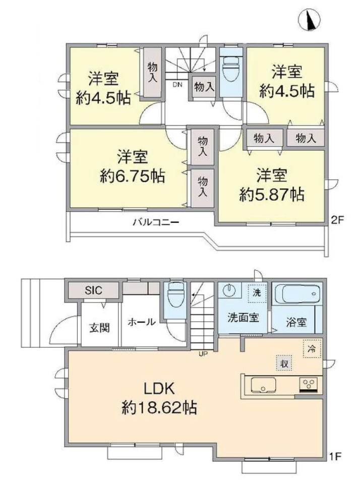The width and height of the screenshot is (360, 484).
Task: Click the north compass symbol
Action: tap(309, 20)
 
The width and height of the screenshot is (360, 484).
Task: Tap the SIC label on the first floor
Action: tap(93, 290)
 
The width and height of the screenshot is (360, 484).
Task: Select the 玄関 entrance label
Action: tap(99, 328)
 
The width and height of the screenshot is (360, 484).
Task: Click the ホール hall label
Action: tap(142, 322)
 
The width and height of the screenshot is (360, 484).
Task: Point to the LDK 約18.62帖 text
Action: tap(159, 398)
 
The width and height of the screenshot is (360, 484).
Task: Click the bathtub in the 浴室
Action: tap(297, 293)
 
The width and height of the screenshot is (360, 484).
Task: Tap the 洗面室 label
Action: tap(243, 317)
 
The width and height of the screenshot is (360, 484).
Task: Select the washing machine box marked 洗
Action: tap(257, 292)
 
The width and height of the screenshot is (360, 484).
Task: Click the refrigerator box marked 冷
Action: tap(312, 349)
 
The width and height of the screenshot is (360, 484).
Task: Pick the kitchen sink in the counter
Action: tap(263, 385)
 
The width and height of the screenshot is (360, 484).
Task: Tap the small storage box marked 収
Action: tap(284, 364)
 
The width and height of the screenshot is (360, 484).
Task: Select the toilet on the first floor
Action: tap(175, 295)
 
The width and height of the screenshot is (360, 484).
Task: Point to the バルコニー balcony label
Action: tap(156, 222)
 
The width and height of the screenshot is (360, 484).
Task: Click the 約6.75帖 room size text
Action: tap(132, 176)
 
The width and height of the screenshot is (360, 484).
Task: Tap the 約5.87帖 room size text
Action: tap(272, 195)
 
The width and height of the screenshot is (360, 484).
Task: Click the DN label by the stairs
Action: tap(177, 84)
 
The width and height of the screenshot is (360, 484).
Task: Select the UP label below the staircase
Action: tap(203, 354)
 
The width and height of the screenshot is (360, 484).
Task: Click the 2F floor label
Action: tap(337, 220)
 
